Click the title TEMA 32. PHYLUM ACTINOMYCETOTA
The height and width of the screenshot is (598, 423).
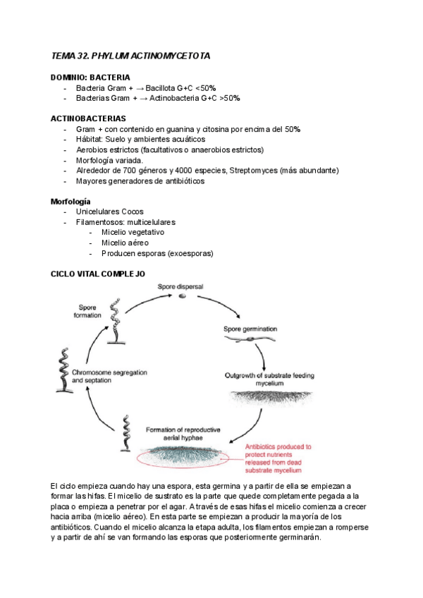(130, 55)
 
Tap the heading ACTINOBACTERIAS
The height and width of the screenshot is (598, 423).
(88, 118)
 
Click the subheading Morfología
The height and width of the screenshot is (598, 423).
(70, 202)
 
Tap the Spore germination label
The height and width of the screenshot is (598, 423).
(250, 329)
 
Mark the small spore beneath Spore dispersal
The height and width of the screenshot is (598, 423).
(182, 296)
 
